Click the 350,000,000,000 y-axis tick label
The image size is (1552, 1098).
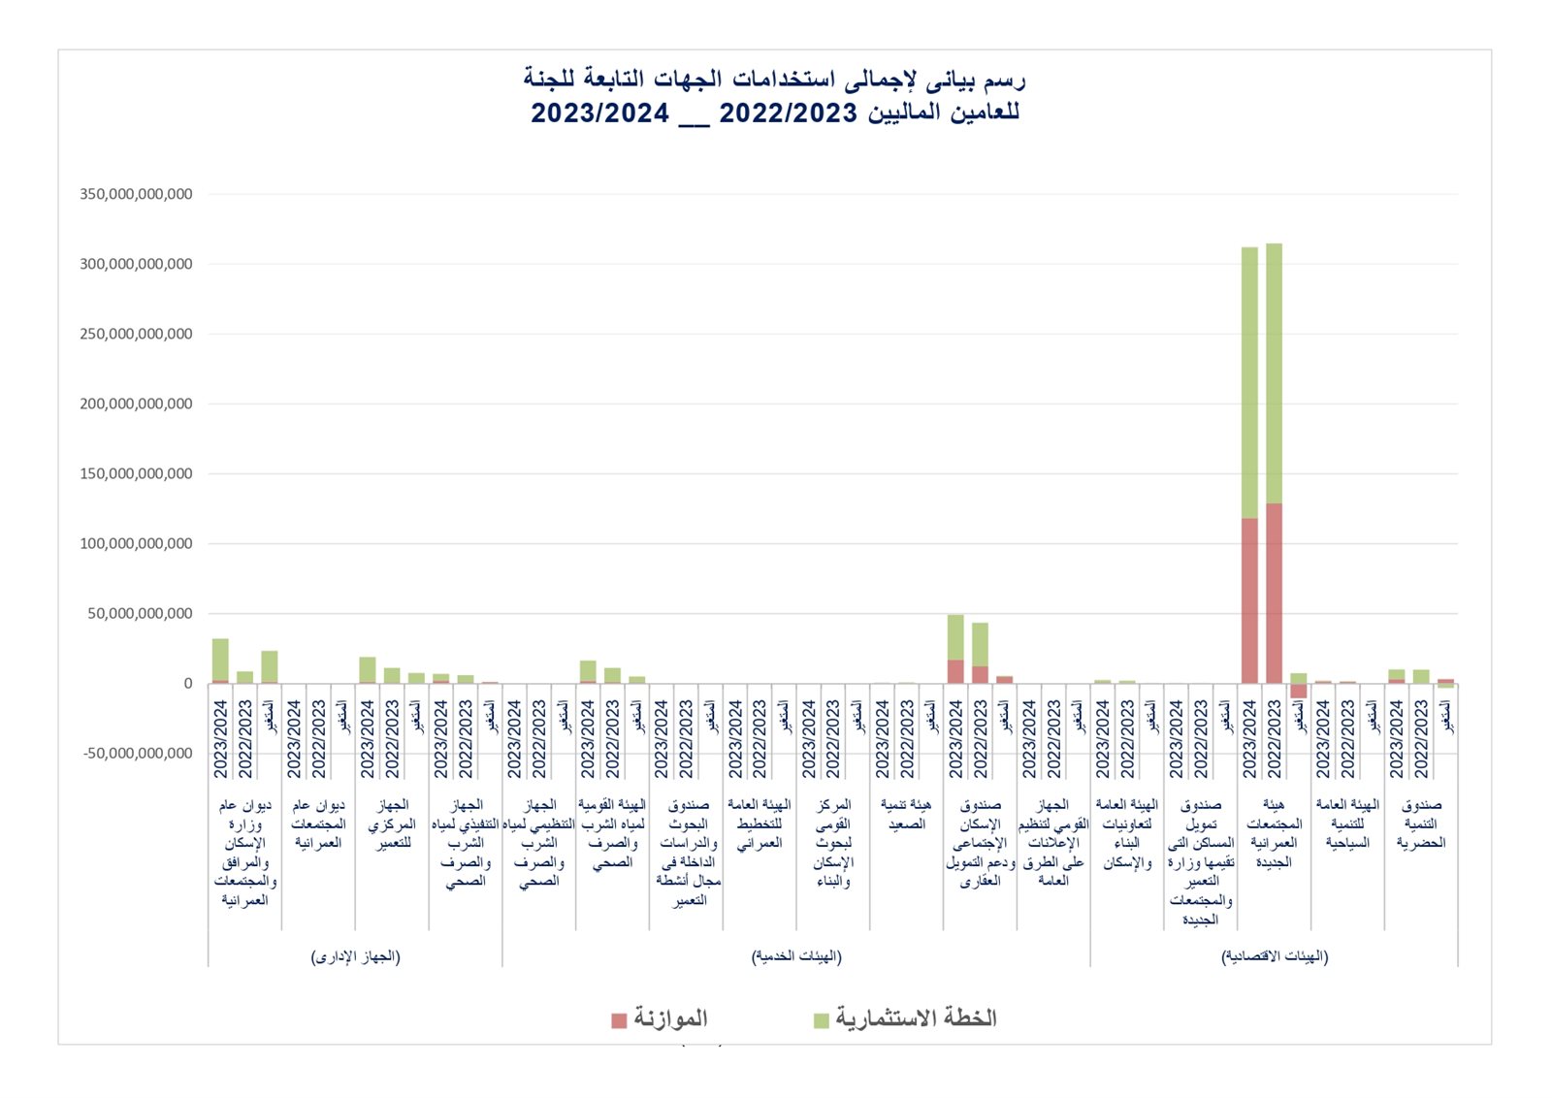(136, 194)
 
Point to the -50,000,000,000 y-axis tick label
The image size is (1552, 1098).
(138, 754)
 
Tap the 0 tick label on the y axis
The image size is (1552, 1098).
(188, 684)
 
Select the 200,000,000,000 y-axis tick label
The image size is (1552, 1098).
(136, 404)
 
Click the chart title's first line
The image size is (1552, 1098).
(774, 79)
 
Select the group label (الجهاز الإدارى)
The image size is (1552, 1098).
(355, 956)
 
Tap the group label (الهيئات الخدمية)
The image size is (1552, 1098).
(796, 956)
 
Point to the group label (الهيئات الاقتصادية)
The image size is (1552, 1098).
(1274, 956)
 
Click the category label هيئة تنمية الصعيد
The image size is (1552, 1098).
(906, 815)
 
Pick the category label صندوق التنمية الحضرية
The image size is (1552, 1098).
(1421, 823)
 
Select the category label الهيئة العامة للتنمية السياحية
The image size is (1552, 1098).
(1347, 823)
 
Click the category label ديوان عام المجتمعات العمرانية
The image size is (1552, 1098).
(318, 823)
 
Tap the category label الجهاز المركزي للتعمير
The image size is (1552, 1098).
(392, 823)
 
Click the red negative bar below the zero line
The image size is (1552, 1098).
(1299, 691)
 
